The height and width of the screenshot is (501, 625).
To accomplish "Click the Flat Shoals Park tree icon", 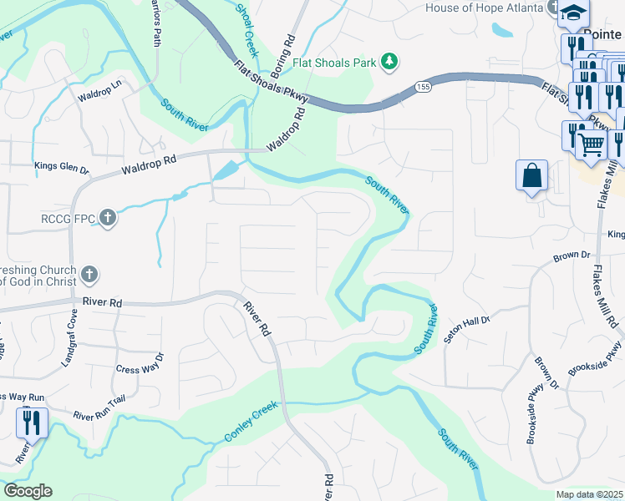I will pos(389,62).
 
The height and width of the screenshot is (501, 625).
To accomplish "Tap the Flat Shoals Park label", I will pos(335,63).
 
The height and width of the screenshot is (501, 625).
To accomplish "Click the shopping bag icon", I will pos(531,176).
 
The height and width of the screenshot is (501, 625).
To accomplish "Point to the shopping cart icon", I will pos(592,144).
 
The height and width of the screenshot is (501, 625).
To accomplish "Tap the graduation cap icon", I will pos(574,13).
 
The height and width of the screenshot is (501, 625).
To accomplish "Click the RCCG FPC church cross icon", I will pos(107,218).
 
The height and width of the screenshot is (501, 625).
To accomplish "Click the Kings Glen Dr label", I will pos(61,167).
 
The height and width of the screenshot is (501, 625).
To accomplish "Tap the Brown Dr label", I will pos(572,255).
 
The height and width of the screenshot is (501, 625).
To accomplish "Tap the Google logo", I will pos(28,491).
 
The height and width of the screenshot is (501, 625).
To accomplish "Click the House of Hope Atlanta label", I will pos(485,8).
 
